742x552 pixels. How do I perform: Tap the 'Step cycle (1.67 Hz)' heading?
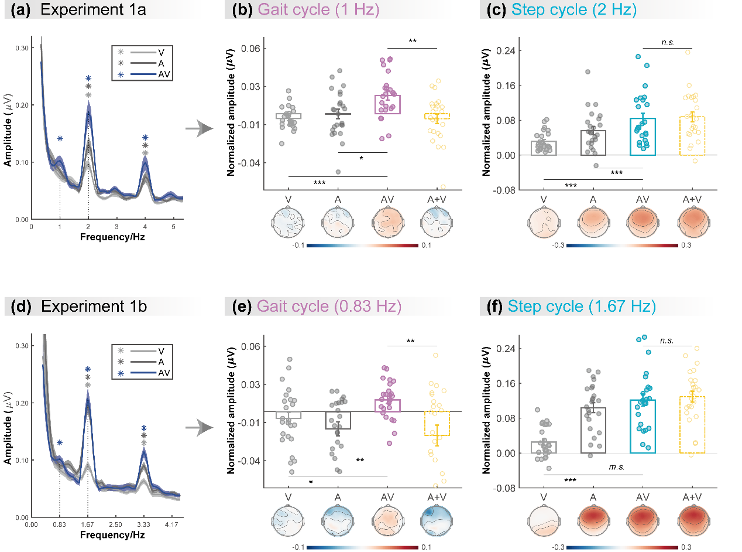582,306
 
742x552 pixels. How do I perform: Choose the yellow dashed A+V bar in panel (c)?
692,135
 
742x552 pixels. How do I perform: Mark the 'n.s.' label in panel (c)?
667,42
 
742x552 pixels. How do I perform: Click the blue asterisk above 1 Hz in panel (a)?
60,138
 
